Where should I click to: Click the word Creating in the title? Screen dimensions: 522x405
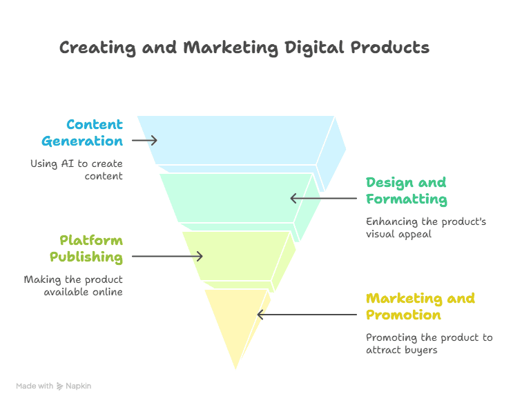[97, 48]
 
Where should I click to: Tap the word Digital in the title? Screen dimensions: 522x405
[314, 48]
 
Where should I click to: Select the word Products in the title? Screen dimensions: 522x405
[390, 47]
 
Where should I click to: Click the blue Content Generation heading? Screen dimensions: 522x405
[82, 132]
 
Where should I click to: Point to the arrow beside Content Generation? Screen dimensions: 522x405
[144, 141]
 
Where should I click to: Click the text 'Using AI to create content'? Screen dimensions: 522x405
[77, 170]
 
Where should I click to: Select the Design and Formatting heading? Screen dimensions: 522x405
[407, 190]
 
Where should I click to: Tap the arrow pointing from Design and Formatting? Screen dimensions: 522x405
[324, 198]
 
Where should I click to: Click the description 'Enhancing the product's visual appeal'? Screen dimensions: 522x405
[426, 228]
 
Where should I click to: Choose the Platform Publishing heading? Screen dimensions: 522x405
[86, 249]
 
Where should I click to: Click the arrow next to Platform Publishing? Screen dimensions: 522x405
[167, 256]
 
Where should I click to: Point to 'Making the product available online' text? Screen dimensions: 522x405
[73, 286]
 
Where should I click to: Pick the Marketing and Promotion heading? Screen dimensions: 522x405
[420, 306]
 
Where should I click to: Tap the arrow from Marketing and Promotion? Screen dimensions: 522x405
[307, 315]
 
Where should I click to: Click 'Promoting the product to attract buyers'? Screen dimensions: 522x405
[429, 344]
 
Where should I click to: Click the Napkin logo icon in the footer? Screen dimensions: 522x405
[59, 386]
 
